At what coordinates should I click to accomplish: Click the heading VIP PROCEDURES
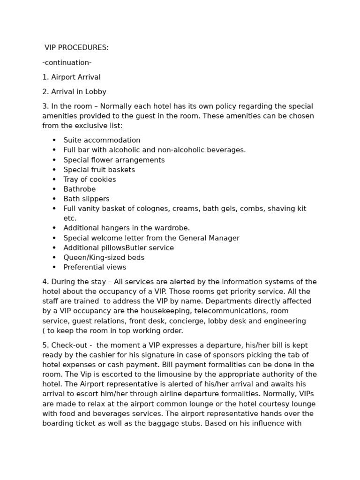click(76, 48)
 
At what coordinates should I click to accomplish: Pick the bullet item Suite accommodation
click(102, 140)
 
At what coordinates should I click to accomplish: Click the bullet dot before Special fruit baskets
click(54, 170)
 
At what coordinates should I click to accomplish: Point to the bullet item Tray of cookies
click(90, 180)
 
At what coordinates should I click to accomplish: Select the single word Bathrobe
click(80, 189)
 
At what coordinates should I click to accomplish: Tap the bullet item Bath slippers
click(86, 199)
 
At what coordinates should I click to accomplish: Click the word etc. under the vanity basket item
click(70, 218)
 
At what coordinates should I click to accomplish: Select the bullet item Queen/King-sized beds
click(104, 258)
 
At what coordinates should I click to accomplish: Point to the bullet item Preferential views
click(95, 268)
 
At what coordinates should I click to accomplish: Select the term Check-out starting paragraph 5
click(69, 345)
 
